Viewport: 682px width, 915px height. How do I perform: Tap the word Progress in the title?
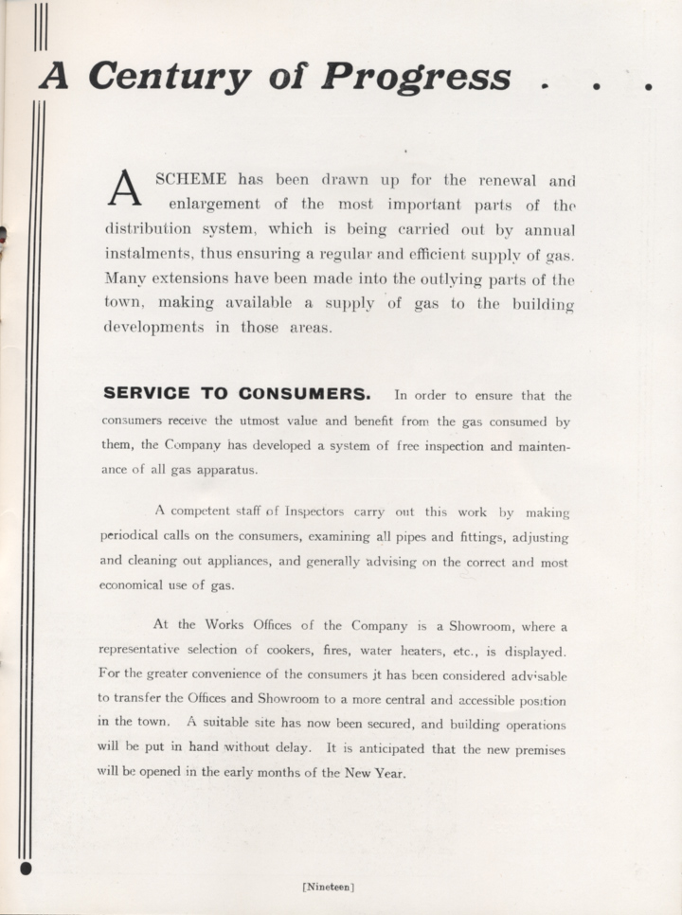coord(416,77)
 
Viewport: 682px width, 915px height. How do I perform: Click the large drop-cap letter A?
coord(125,188)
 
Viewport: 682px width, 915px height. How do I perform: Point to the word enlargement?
coord(213,204)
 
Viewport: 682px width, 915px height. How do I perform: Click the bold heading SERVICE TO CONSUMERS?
coord(237,393)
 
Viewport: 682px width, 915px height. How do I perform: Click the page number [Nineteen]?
coord(328,887)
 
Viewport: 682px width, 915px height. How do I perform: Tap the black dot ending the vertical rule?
coord(26,866)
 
